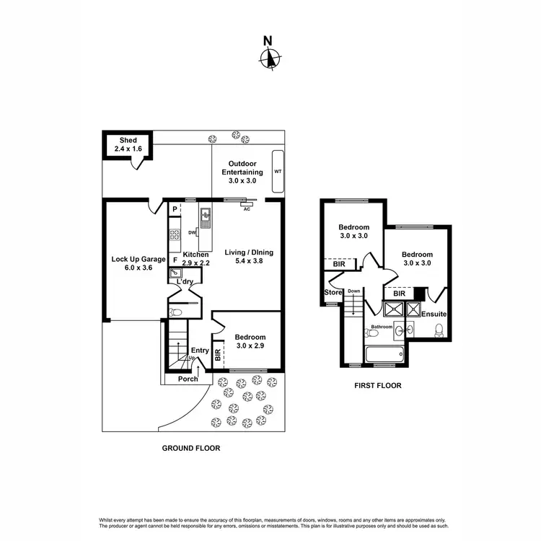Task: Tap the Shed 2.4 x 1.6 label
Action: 128,144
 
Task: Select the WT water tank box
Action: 277,172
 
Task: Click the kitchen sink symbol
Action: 206,214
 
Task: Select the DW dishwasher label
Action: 192,232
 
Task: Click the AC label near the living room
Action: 247,209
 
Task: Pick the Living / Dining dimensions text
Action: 249,263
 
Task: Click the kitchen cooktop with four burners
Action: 175,234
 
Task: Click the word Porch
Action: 188,379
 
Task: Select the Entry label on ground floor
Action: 200,351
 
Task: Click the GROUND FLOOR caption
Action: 190,448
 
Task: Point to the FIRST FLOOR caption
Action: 377,385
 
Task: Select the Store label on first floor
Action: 333,292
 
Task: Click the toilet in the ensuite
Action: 439,330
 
